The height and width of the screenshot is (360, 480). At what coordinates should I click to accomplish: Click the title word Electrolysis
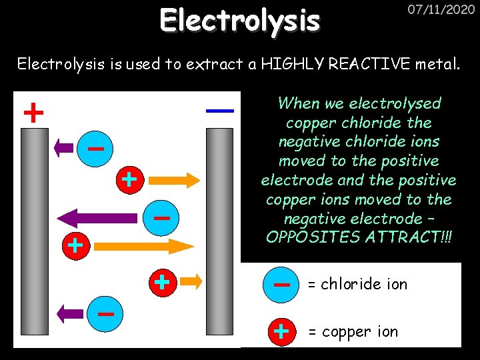[240, 21]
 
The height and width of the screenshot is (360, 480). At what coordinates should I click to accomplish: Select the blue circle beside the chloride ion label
[282, 284]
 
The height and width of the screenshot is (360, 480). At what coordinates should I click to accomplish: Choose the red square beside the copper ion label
[282, 330]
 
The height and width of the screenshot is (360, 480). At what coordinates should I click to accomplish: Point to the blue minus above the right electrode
[220, 110]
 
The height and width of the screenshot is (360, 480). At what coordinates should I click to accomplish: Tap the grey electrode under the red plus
[34, 233]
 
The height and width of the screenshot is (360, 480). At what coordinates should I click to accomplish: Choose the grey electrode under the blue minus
[219, 233]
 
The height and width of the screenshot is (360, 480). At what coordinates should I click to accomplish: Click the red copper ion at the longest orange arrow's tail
[75, 245]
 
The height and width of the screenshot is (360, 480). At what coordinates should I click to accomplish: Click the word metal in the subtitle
[437, 65]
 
